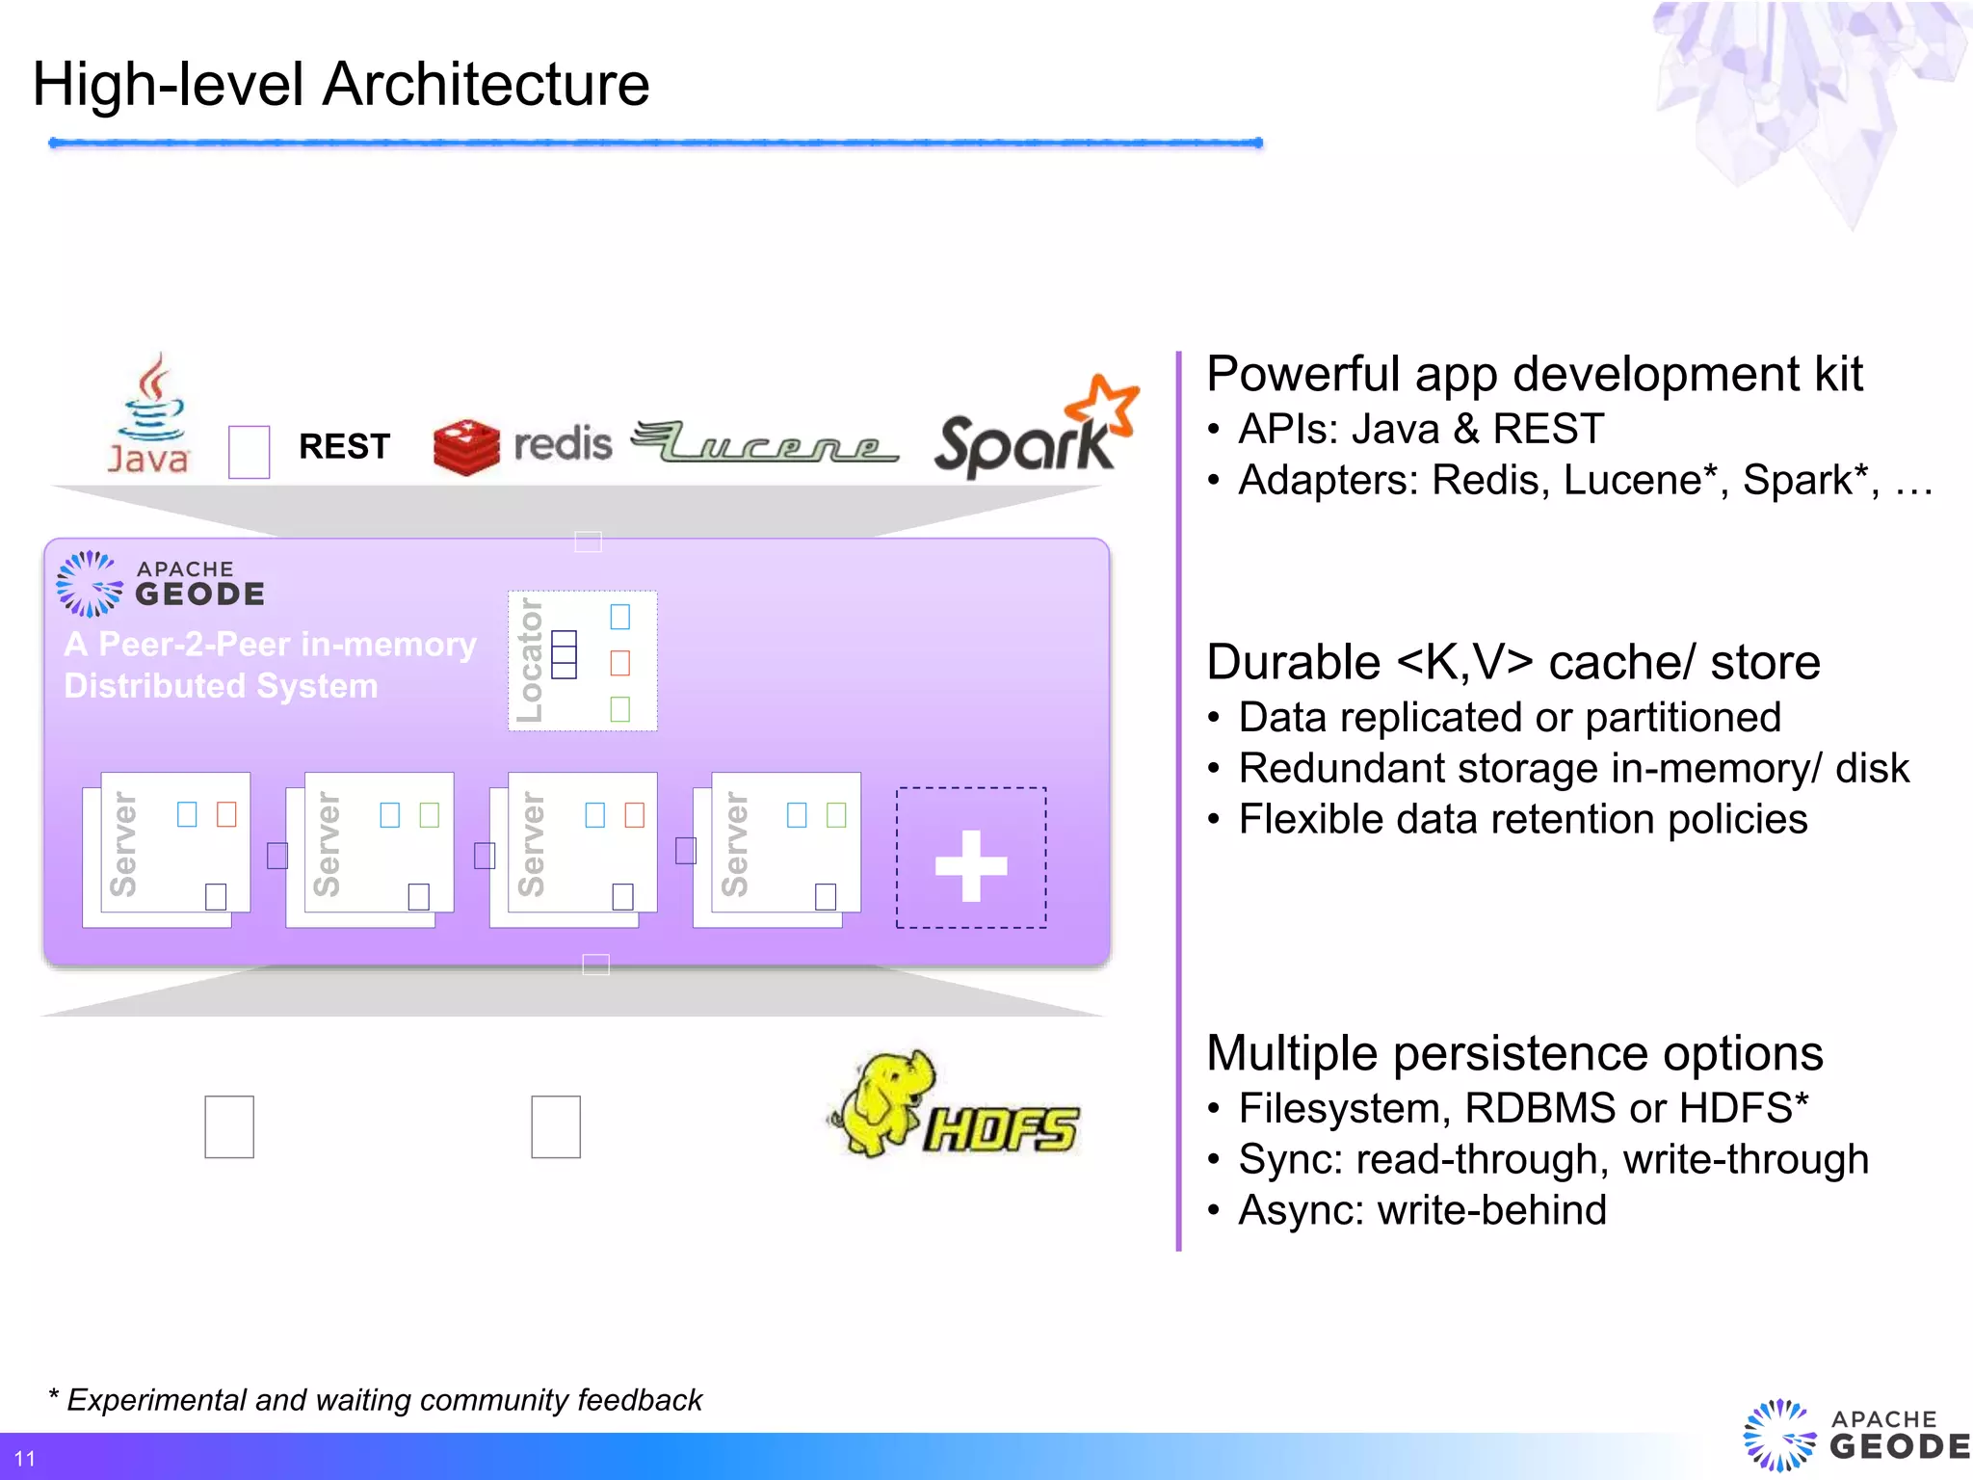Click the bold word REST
coord(344,447)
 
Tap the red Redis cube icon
coord(466,447)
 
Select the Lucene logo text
coord(766,444)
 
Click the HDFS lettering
coord(1000,1129)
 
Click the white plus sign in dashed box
coord(971,865)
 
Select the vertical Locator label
coord(529,660)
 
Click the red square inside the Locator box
coord(620,663)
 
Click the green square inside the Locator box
coord(620,709)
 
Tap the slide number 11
coord(25,1458)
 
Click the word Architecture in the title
coord(486,85)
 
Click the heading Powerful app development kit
coord(1534,374)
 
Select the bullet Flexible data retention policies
coord(1522,819)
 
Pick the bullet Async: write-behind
coord(1422,1210)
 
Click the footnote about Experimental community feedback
coord(376,1399)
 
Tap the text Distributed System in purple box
coord(221,686)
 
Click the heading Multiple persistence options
coord(1514,1053)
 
